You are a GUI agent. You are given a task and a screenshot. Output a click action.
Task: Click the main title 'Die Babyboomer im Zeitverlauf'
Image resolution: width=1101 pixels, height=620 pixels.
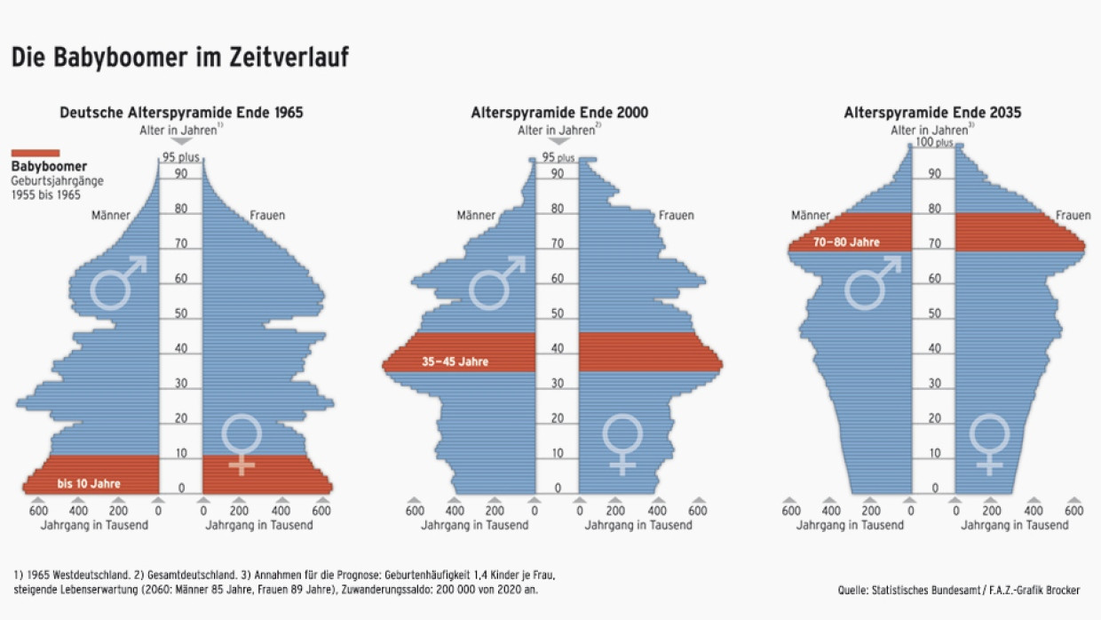(x=179, y=58)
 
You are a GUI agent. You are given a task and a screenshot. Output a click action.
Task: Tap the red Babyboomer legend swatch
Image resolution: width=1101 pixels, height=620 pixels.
(x=36, y=153)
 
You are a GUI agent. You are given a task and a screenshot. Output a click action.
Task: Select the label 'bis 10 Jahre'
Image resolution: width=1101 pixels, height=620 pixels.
(x=89, y=484)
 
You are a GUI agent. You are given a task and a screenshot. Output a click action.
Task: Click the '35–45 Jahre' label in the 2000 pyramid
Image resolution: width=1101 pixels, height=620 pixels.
(x=455, y=362)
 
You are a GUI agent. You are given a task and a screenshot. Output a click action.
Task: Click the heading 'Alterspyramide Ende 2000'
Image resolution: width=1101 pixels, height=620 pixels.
(x=559, y=113)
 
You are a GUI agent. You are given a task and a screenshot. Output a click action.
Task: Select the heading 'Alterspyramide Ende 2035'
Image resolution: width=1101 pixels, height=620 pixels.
(x=932, y=113)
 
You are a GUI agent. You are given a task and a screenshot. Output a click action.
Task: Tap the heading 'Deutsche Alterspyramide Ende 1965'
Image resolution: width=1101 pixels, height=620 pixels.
(x=181, y=113)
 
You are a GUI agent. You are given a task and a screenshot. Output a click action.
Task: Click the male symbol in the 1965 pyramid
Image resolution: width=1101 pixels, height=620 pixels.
(x=119, y=282)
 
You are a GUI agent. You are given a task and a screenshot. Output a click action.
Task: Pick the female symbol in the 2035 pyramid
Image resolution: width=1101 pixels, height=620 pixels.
(x=988, y=443)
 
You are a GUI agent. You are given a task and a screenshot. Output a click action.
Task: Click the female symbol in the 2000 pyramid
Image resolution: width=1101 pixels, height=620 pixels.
(x=622, y=443)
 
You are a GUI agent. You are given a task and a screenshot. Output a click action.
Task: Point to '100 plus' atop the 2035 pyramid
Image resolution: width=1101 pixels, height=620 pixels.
(x=934, y=142)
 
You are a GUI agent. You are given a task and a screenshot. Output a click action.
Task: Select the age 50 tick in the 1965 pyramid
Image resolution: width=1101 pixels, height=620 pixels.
(x=181, y=314)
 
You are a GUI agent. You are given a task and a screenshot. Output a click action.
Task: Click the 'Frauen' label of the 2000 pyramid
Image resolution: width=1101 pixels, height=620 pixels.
(x=676, y=215)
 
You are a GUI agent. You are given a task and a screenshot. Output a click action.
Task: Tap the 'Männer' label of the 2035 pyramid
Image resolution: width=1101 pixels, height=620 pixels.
(x=811, y=215)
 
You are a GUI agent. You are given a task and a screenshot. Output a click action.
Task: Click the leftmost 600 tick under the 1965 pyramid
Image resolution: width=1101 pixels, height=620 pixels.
(x=38, y=511)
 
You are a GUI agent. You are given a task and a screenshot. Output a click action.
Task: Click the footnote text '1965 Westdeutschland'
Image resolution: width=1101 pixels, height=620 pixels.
(x=71, y=574)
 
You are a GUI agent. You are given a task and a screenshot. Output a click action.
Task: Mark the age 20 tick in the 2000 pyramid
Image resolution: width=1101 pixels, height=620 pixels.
(x=558, y=418)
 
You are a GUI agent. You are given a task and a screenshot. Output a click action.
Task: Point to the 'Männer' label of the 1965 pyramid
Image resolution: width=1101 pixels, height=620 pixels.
(x=111, y=215)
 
